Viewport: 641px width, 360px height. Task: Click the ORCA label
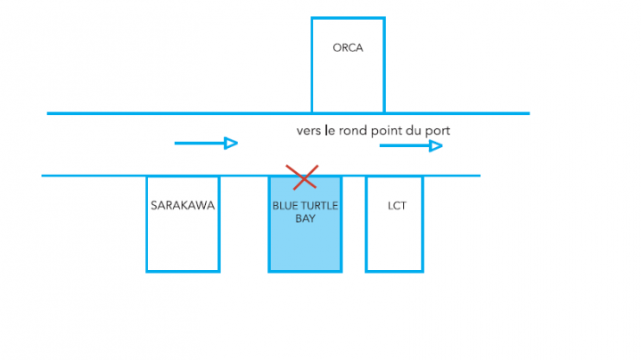(348, 48)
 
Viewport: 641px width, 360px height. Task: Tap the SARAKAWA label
(183, 205)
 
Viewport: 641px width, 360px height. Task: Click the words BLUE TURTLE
(305, 205)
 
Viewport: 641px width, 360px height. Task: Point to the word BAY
(305, 217)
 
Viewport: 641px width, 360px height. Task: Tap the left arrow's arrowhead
(231, 143)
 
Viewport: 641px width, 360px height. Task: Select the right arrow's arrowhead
(436, 145)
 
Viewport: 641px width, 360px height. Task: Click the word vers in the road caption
(308, 130)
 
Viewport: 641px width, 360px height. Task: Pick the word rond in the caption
(354, 130)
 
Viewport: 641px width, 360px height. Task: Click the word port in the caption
(438, 130)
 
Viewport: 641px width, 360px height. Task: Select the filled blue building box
(305, 245)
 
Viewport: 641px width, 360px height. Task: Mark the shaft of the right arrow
(403, 145)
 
